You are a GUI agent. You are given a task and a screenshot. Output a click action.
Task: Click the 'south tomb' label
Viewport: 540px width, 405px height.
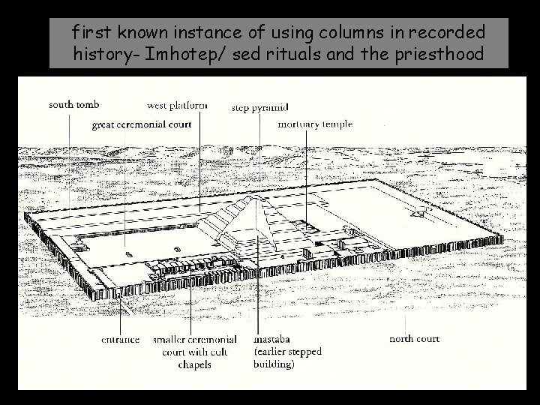tap(74, 104)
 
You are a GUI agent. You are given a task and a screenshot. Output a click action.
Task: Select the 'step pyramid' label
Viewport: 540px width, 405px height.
tap(260, 107)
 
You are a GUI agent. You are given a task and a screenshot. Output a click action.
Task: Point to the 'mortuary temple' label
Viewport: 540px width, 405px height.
tap(315, 124)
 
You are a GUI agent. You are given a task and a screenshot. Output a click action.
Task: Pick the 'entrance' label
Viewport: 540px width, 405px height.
tap(121, 339)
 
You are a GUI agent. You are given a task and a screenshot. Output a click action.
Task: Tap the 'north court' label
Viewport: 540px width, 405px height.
tap(414, 339)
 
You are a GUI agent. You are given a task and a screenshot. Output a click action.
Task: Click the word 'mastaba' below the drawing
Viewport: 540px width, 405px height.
tap(274, 339)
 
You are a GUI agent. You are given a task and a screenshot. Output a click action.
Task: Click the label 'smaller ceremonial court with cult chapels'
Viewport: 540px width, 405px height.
tap(195, 352)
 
